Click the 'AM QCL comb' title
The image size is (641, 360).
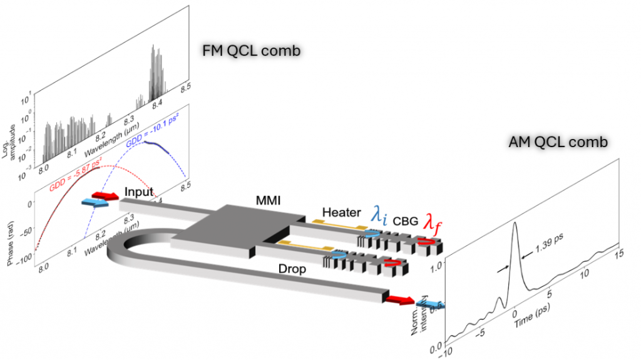pos(556,142)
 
